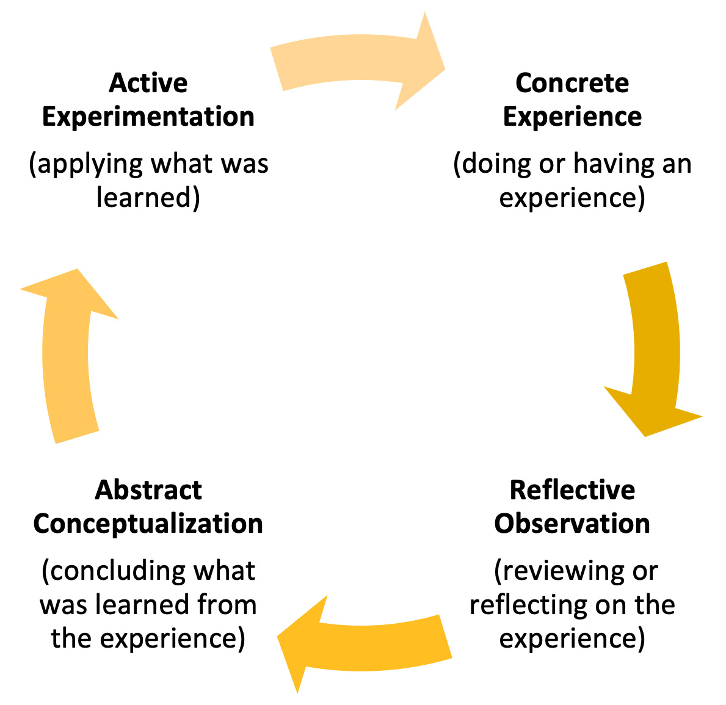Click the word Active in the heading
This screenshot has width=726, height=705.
click(x=148, y=83)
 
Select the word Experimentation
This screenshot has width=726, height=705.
click(x=148, y=117)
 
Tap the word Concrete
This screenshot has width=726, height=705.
click(x=572, y=83)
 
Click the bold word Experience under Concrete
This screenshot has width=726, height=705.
click(x=572, y=117)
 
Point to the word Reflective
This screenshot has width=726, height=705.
click(x=572, y=490)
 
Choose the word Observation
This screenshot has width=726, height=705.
click(x=572, y=524)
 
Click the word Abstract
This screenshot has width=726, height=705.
click(x=148, y=490)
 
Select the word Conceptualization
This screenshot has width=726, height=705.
click(x=148, y=524)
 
